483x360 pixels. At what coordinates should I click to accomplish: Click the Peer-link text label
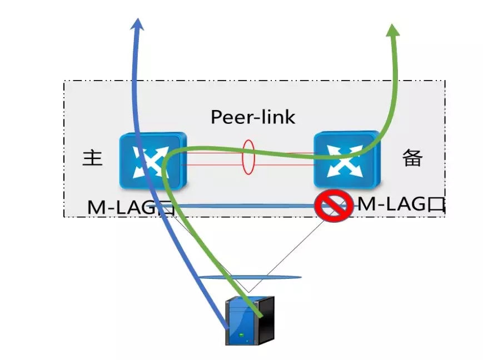(x=253, y=117)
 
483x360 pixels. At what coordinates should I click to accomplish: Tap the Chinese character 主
(x=93, y=158)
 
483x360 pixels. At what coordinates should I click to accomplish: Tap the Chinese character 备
(x=412, y=158)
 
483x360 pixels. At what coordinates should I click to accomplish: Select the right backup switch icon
(x=346, y=159)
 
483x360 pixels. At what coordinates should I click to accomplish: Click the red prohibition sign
(x=332, y=206)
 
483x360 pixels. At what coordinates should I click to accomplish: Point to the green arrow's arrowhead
(x=393, y=30)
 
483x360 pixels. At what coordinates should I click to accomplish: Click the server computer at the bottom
(x=249, y=321)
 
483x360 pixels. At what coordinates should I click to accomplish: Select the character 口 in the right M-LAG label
(x=436, y=204)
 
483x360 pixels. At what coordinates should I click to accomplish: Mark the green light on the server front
(x=241, y=335)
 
